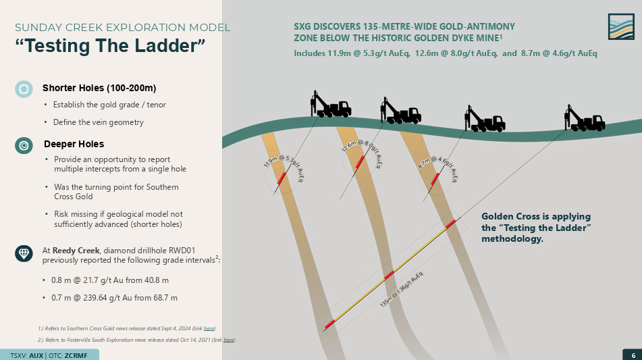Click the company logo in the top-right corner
coord(621,27)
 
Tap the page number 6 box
coord(633,355)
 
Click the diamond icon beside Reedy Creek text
coord(24,253)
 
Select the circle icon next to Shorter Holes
coord(24,88)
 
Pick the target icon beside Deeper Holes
coord(24,145)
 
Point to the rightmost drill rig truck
coord(584,120)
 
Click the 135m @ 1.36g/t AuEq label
coord(402,290)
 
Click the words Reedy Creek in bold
coord(79,251)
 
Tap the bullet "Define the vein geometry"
coord(99,122)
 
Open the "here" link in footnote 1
coord(209,328)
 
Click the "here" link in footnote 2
coord(230,339)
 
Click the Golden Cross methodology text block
coord(537,228)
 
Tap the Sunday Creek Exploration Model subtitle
coord(122,28)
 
